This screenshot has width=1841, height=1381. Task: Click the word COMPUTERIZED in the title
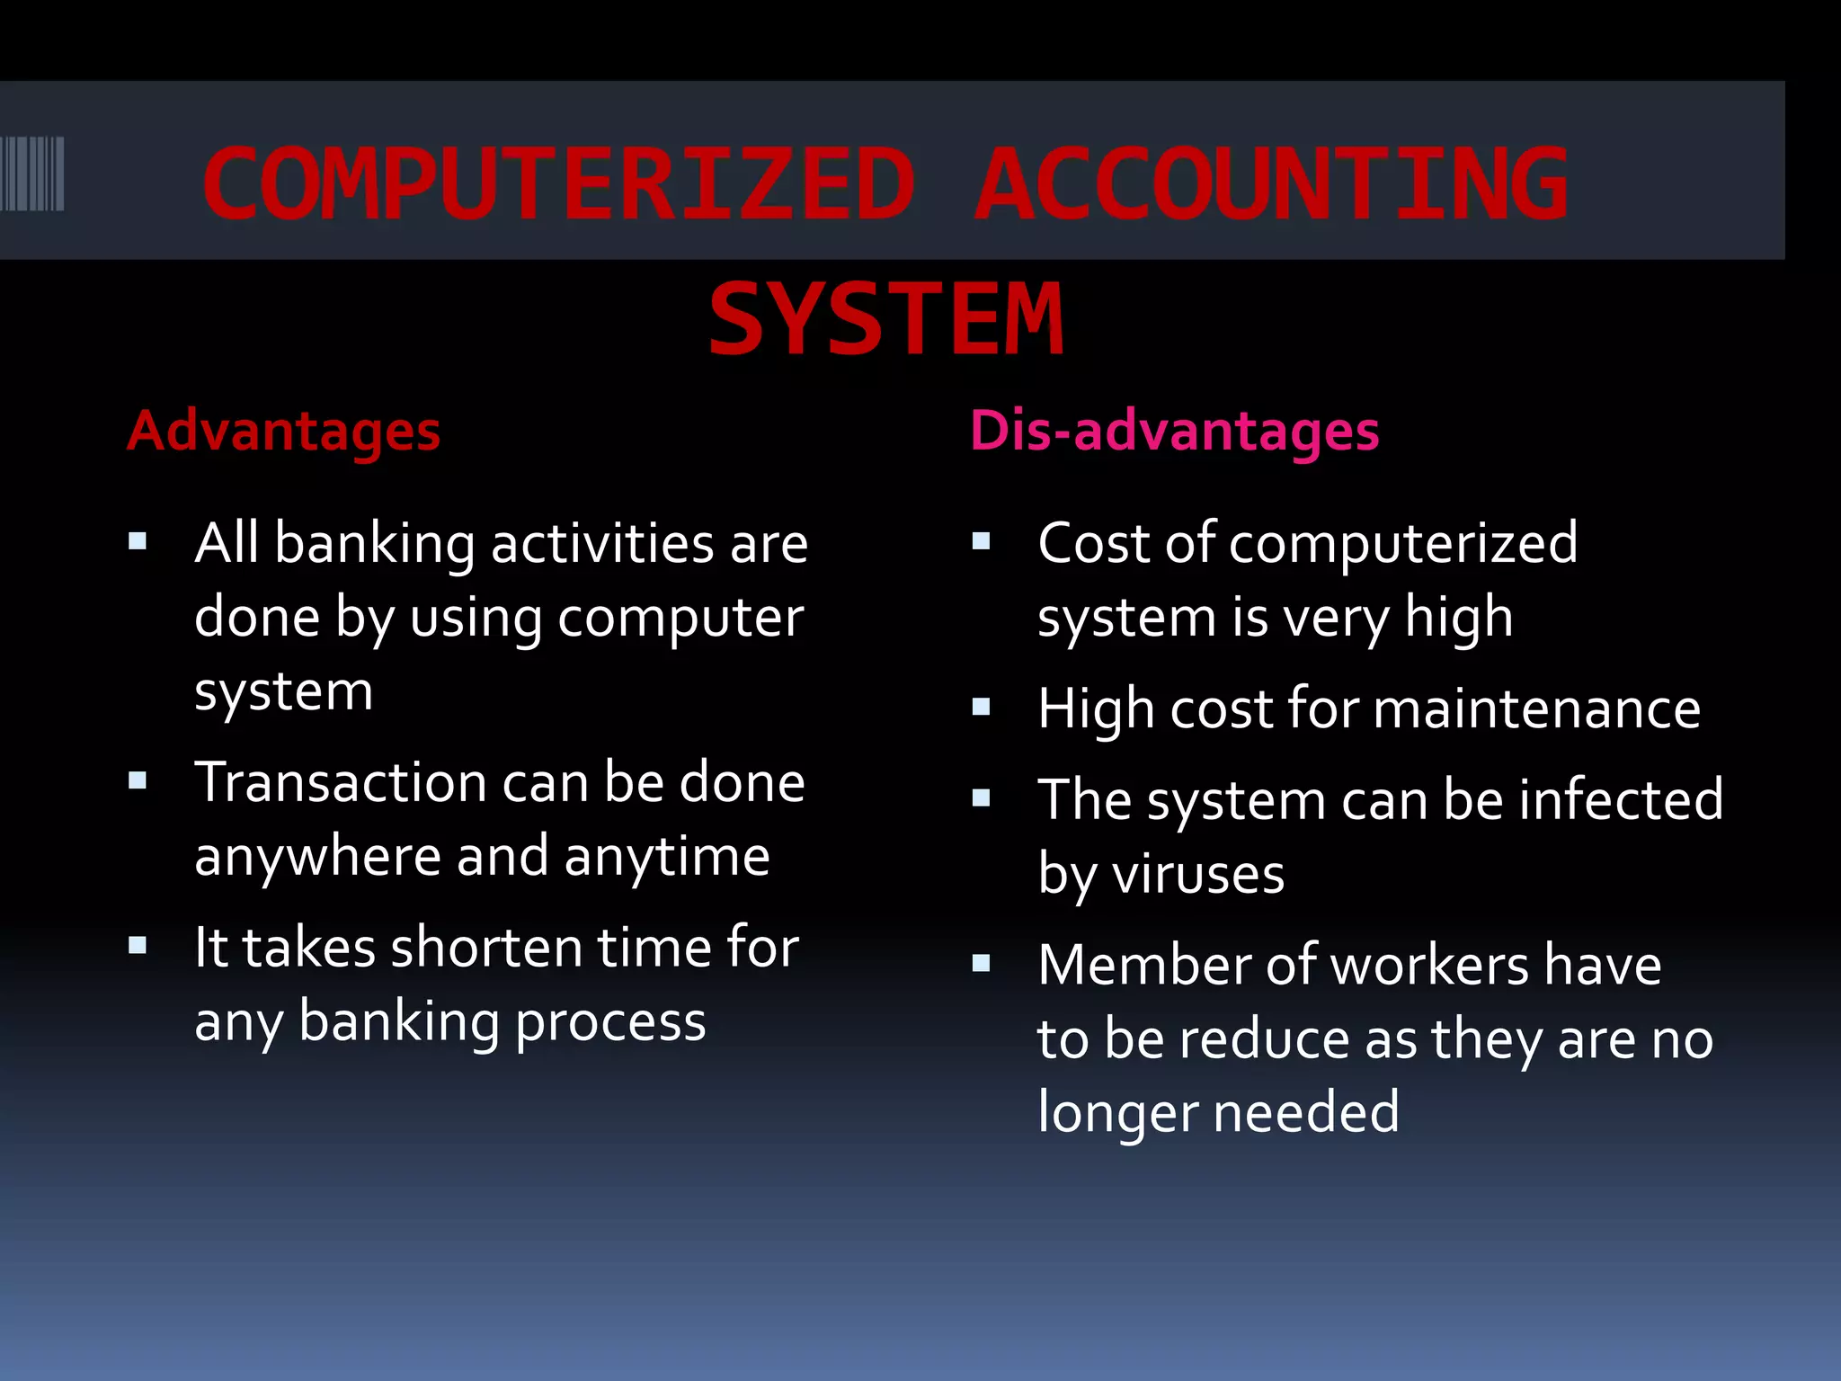pos(559,184)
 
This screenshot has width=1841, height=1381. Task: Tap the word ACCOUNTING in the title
pos(1271,184)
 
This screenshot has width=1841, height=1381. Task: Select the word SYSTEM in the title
pos(886,319)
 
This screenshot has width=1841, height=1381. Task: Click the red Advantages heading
pos(283,431)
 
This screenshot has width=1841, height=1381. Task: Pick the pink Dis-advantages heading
pos(1174,431)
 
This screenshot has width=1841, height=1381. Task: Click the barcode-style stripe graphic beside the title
pos(32,174)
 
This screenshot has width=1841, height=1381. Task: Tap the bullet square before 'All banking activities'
pos(138,541)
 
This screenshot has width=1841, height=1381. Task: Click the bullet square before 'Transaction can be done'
pos(138,780)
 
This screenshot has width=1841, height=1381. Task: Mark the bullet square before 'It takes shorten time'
pos(138,946)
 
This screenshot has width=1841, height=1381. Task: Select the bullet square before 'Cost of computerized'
pos(981,541)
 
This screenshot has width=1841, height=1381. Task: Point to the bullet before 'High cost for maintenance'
pos(981,708)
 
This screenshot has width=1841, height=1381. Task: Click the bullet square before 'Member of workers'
pos(981,964)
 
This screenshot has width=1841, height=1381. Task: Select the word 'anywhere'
pos(317,857)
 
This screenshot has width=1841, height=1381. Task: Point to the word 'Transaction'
pos(341,782)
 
